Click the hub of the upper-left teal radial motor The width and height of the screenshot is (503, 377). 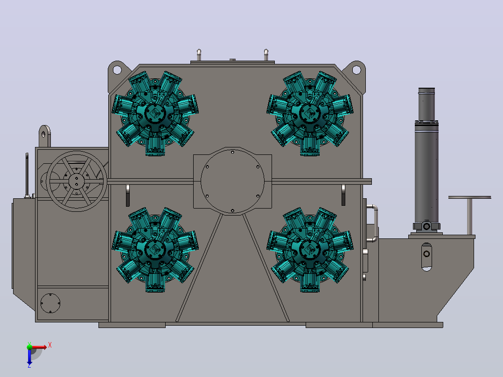tap(155, 113)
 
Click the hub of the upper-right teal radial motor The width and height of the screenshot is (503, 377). tap(310, 113)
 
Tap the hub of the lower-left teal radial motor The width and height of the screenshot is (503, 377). tap(155, 249)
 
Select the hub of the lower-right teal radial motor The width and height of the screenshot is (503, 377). tap(310, 249)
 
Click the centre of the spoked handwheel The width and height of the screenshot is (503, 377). tap(77, 182)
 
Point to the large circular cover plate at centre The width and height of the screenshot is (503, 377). tap(232, 182)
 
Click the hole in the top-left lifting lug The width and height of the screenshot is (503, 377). tap(117, 70)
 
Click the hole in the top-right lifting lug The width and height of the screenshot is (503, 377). tap(356, 70)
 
